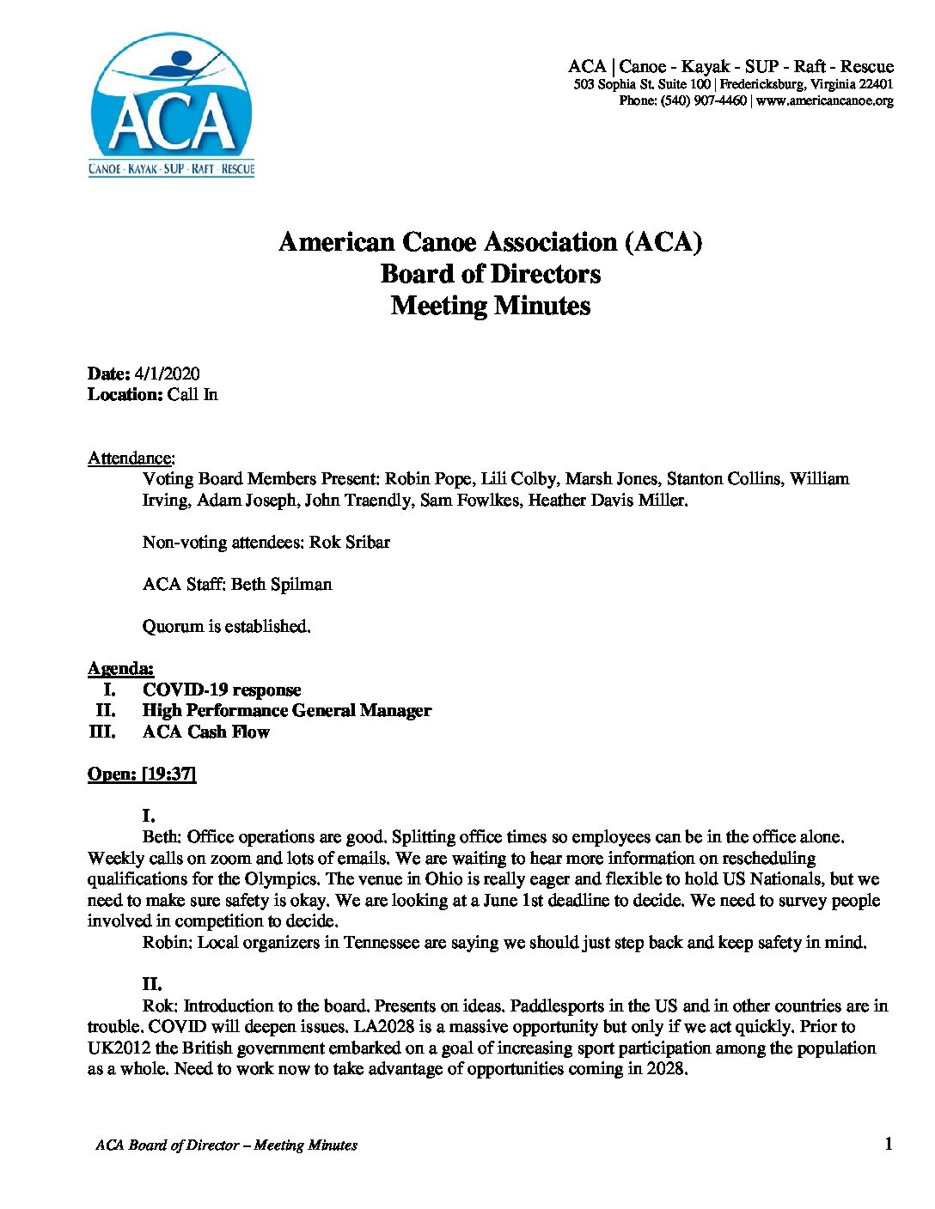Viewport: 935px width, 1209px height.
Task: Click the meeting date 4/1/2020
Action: point(167,374)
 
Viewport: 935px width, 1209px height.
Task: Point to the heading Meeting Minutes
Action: point(490,306)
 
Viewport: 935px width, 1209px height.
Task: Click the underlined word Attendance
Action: point(130,458)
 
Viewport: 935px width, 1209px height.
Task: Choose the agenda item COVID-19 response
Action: point(222,690)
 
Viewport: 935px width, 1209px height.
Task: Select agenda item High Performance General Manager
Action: point(287,710)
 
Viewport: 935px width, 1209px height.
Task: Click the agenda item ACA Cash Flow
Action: point(206,732)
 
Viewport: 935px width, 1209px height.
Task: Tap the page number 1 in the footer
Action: point(888,1143)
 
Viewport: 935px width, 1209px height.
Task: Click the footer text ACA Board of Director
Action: point(167,1145)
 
